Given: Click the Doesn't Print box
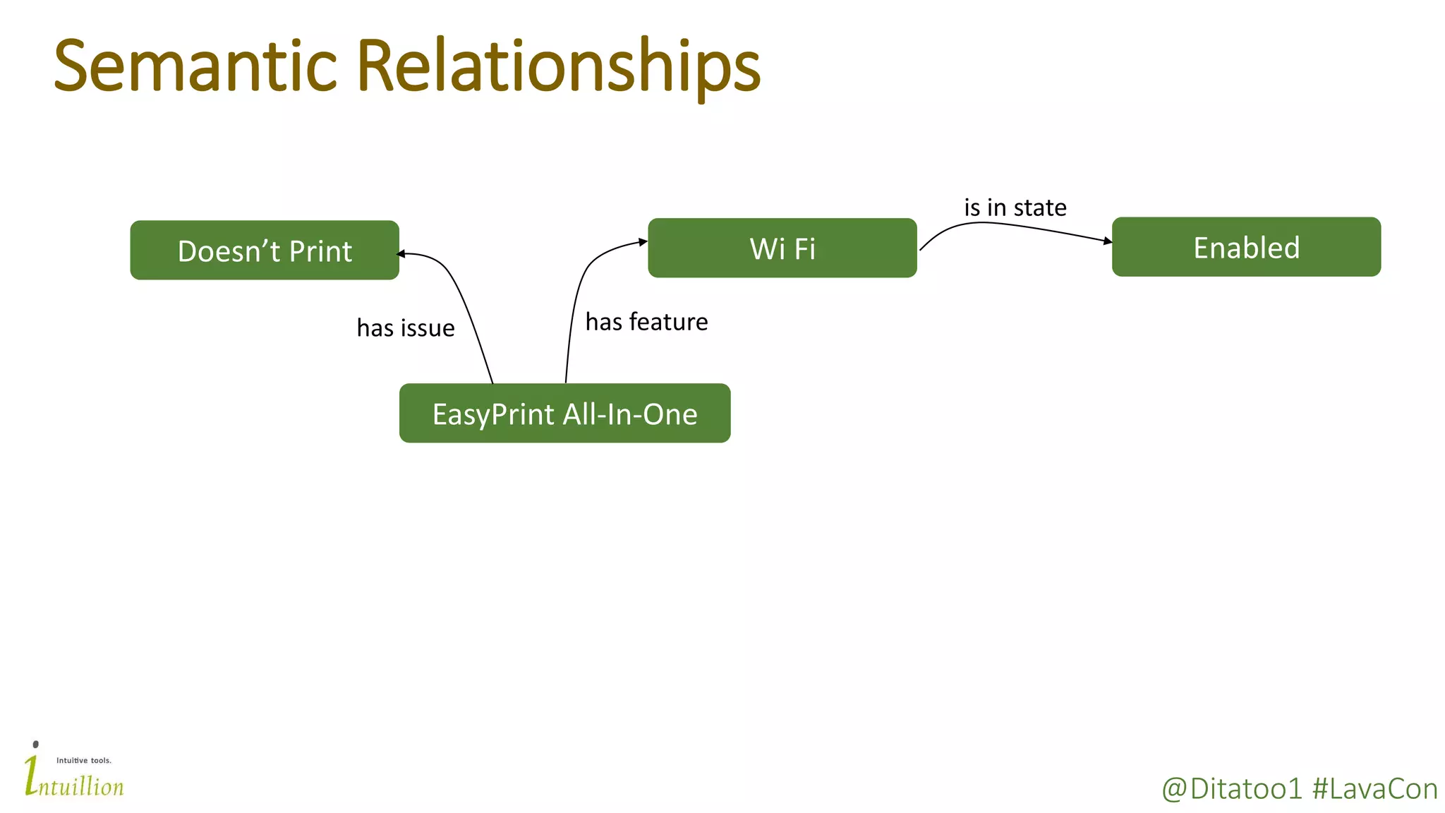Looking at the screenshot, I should (x=265, y=250).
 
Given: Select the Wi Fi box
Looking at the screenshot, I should (x=782, y=248).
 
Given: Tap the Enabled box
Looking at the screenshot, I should (x=1246, y=247).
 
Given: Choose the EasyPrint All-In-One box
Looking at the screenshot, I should (x=564, y=414).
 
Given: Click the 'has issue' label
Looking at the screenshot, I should (x=406, y=328).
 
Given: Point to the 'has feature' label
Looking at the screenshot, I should (x=646, y=322).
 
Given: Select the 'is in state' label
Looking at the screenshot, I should (x=1015, y=207).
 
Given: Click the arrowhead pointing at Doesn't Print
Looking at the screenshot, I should (x=401, y=254).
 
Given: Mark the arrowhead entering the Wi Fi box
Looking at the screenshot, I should (x=643, y=242).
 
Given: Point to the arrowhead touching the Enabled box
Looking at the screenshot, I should (x=1107, y=241).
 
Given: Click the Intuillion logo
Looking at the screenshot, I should (x=74, y=776).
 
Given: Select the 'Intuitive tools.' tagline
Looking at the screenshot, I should (x=84, y=760).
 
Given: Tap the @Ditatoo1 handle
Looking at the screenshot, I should (x=1231, y=789).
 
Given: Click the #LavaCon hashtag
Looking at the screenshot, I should (x=1374, y=789).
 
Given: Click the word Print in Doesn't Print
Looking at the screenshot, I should (x=320, y=251).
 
